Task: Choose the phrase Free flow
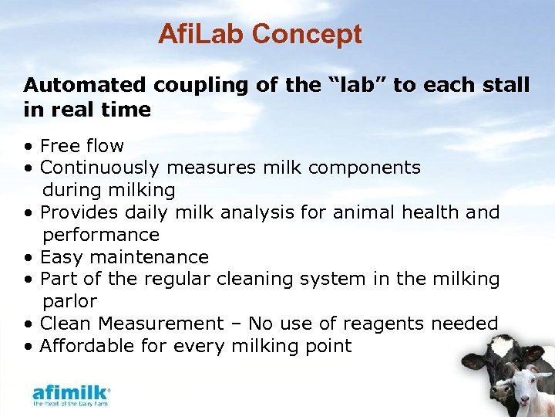tap(82, 145)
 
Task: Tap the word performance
tap(101, 234)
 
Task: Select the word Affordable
tap(86, 345)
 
